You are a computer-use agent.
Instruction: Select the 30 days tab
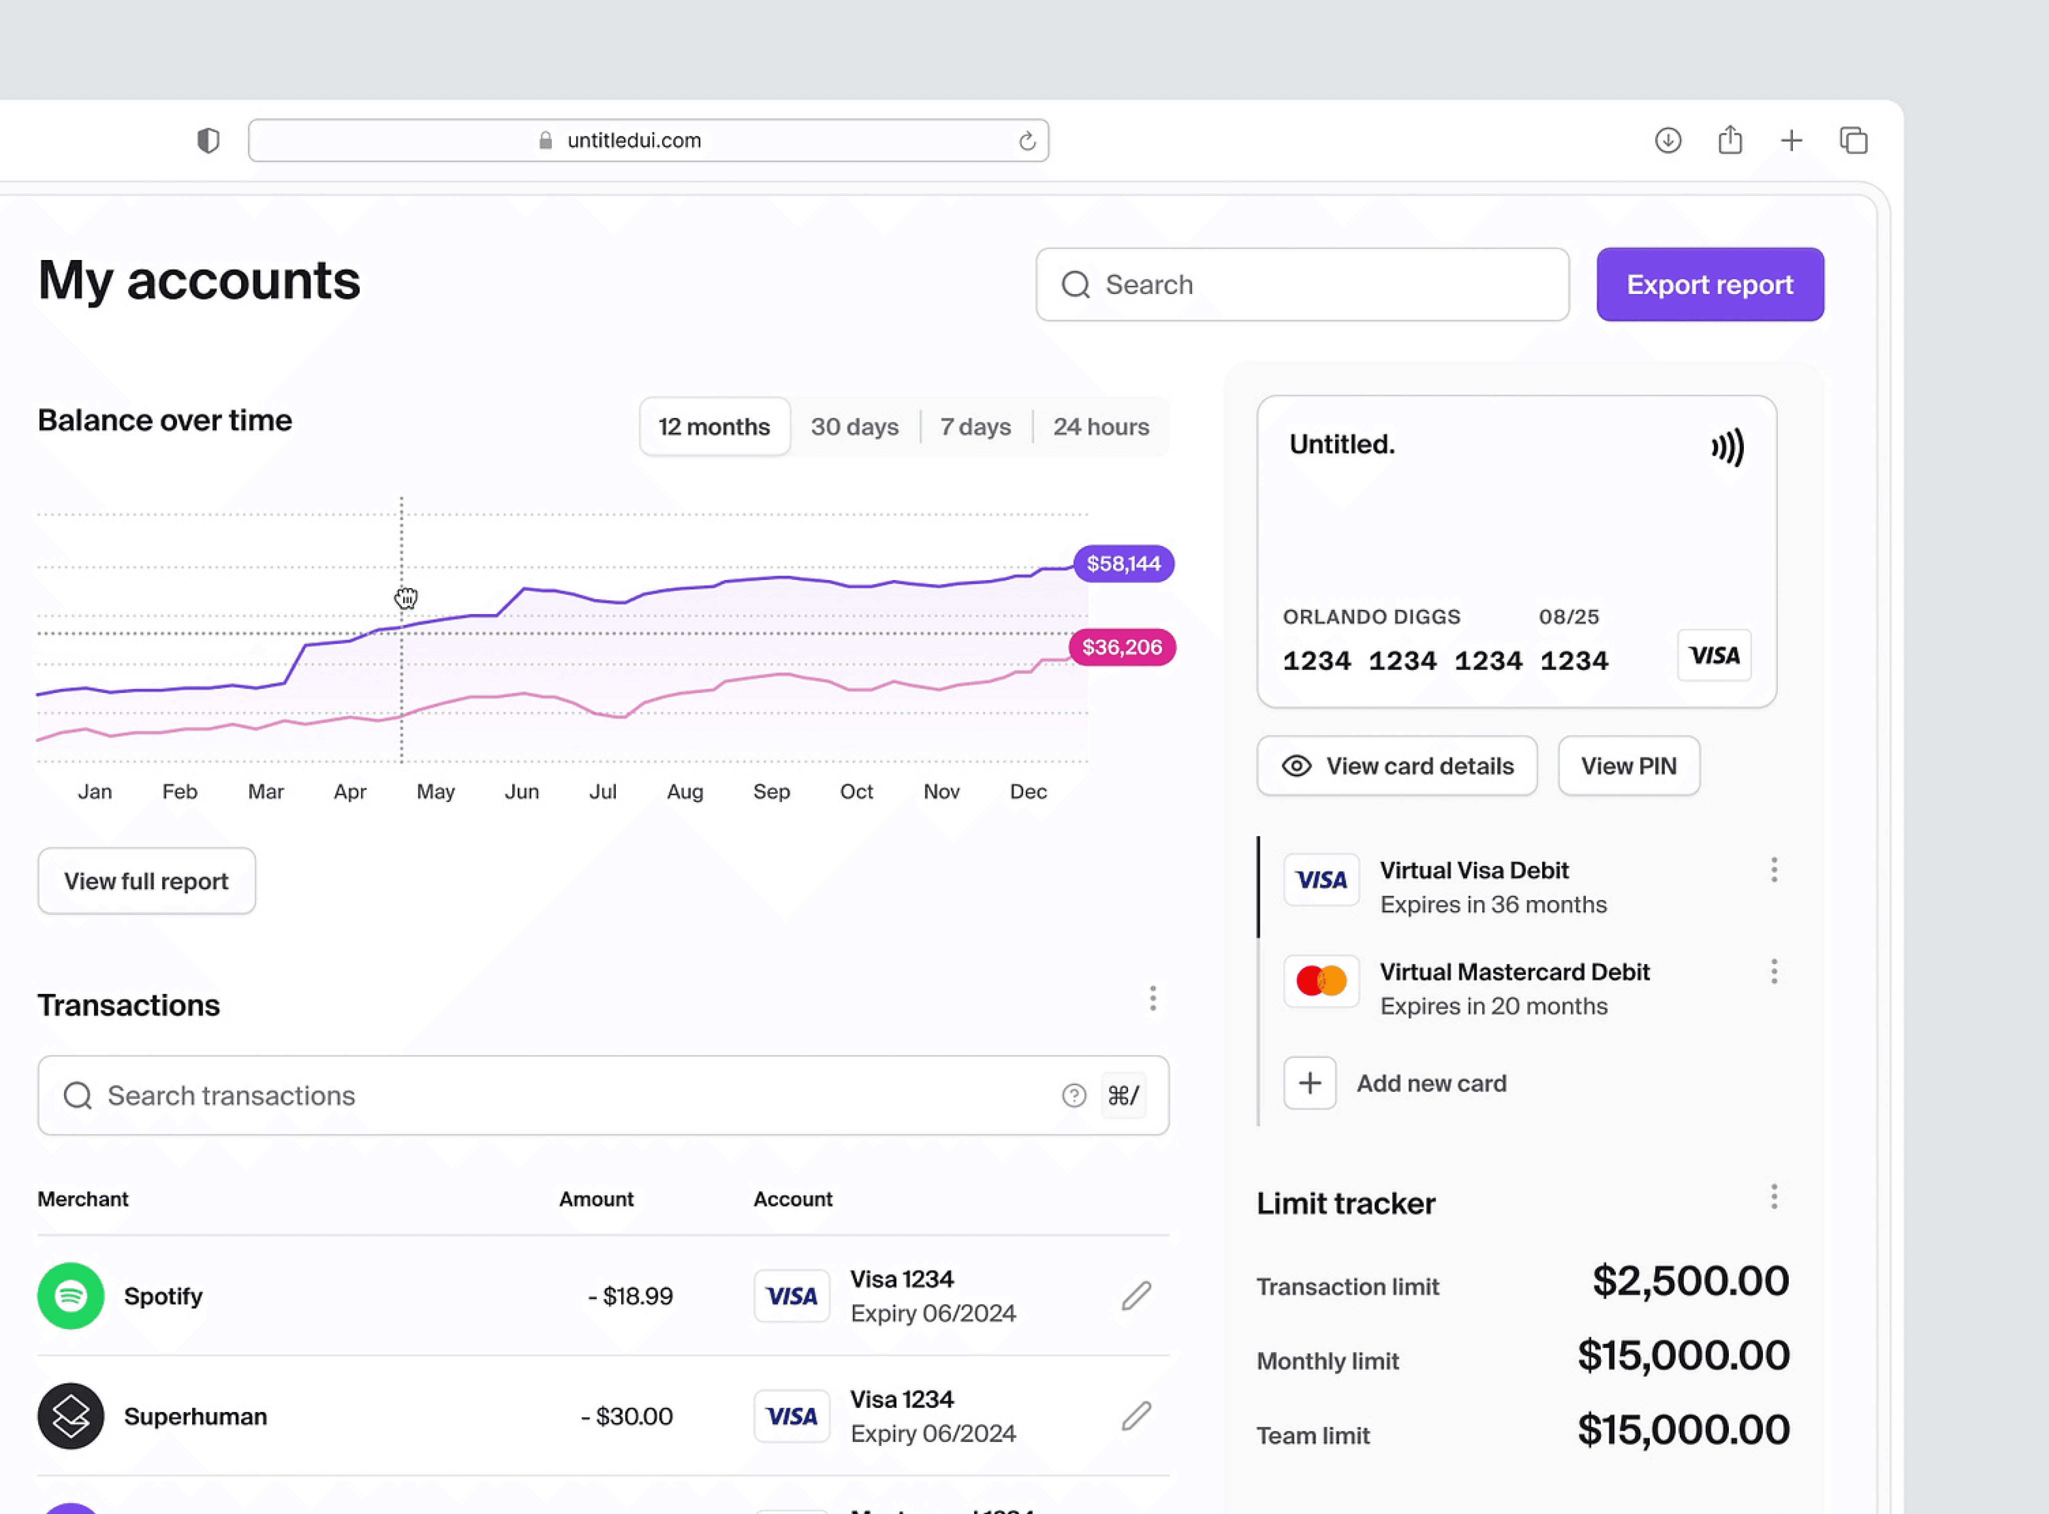pos(854,427)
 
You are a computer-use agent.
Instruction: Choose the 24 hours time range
pos(1101,427)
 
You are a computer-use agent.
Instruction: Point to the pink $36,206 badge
pos(1122,647)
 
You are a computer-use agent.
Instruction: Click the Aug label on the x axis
pos(685,792)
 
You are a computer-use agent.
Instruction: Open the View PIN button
pos(1629,766)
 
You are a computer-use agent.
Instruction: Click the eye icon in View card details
pos(1296,766)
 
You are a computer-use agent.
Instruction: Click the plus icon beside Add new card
pos(1310,1083)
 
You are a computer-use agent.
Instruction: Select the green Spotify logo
pos(71,1296)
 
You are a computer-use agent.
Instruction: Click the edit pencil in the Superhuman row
pos(1136,1416)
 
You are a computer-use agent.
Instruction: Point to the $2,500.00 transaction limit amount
pos(1690,1280)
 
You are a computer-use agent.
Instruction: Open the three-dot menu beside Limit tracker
pos(1774,1197)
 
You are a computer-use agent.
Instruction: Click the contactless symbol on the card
pos(1728,447)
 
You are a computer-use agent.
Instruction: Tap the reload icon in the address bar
pos(1027,140)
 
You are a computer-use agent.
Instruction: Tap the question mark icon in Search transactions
pos(1074,1095)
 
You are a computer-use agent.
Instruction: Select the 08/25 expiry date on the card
pos(1569,617)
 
